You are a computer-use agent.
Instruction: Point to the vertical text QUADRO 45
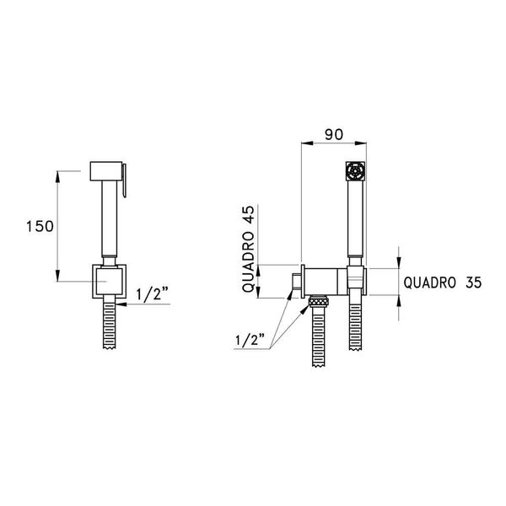(250, 250)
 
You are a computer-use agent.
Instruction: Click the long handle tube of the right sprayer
(355, 223)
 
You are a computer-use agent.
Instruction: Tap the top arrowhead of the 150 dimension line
(59, 175)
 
